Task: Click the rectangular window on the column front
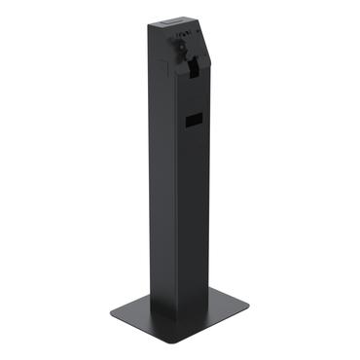pyautogui.click(x=193, y=121)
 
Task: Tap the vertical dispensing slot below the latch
pyautogui.click(x=194, y=70)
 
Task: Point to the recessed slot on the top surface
pyautogui.click(x=170, y=18)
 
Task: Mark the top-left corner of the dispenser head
pyautogui.click(x=153, y=22)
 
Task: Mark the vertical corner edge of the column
pyautogui.click(x=178, y=195)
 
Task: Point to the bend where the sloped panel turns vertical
pyautogui.click(x=200, y=58)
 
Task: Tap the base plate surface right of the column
pyautogui.click(x=229, y=312)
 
